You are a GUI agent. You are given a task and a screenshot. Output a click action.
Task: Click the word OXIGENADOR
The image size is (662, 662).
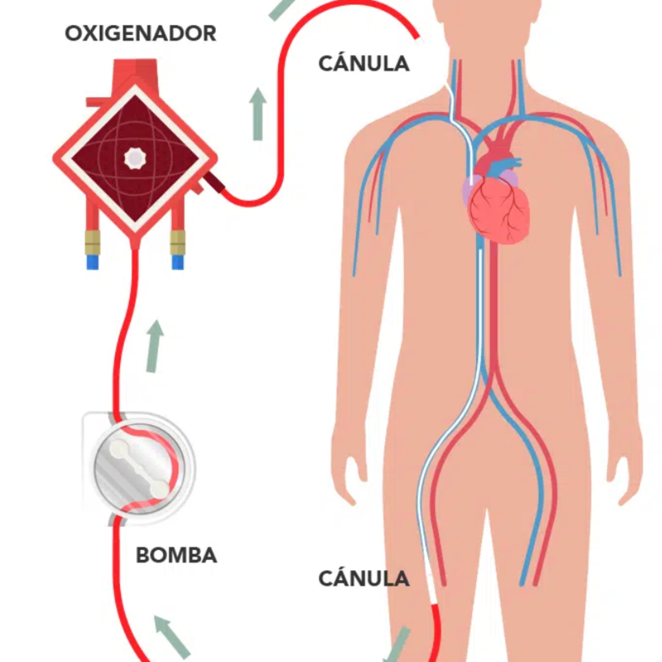pyautogui.click(x=141, y=34)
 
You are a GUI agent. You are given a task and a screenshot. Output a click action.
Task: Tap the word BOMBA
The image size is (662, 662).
pyautogui.click(x=177, y=555)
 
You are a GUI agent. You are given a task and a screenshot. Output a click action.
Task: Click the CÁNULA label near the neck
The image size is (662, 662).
pyautogui.click(x=364, y=64)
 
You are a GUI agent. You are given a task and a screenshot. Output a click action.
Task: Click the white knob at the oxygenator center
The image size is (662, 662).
pyautogui.click(x=135, y=158)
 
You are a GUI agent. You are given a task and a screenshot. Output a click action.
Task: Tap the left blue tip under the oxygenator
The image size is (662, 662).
pyautogui.click(x=92, y=262)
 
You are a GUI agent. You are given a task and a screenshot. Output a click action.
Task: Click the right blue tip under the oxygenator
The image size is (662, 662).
pyautogui.click(x=177, y=262)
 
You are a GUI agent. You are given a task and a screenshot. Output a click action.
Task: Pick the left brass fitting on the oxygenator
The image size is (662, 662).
pyautogui.click(x=92, y=242)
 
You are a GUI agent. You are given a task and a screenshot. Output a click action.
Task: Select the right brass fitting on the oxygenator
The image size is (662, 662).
pyautogui.click(x=177, y=242)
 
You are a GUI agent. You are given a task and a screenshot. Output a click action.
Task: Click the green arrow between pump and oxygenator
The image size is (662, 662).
pyautogui.click(x=154, y=346)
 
